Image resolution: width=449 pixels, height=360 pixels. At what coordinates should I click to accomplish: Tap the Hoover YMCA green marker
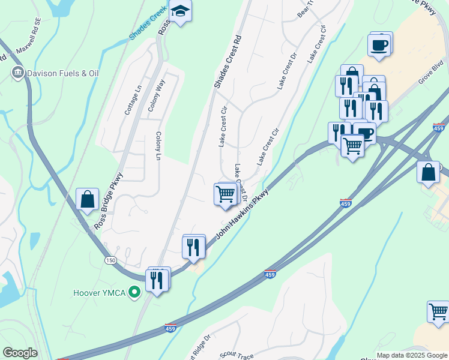coord(134,293)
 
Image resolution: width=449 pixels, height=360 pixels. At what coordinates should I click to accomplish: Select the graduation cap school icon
coord(179,10)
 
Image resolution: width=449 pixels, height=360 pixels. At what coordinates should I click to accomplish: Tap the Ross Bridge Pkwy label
coord(108,202)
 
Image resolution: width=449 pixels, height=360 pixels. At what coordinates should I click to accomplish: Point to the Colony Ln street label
coord(159,146)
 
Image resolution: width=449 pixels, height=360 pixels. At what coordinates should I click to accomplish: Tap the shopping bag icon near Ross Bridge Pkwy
coord(88,199)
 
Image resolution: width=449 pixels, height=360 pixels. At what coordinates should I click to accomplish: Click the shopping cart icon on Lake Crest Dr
coord(224,194)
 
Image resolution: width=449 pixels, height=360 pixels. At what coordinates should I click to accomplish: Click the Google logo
coord(20,353)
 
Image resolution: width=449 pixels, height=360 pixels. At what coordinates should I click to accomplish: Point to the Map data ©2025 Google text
coord(411,355)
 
